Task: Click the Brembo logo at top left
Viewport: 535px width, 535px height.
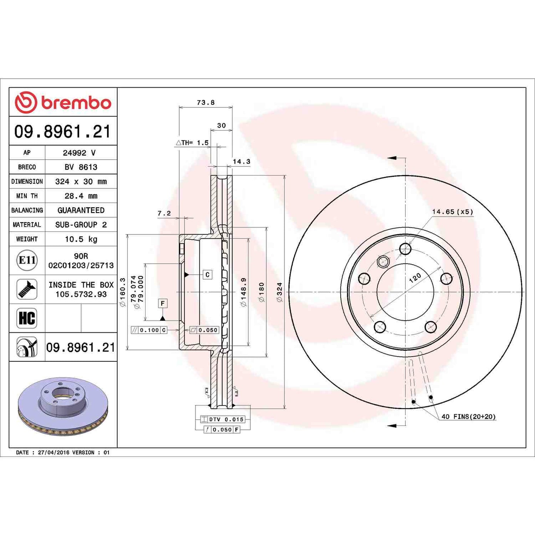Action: tap(63, 102)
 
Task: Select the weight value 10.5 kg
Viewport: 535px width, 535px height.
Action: tap(81, 239)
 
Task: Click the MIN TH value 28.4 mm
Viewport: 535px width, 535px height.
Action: tap(81, 196)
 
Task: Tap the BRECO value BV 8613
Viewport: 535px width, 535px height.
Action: tap(81, 167)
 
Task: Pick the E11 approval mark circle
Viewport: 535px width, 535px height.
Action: tap(27, 260)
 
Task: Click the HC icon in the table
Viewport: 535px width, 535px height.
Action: tap(27, 318)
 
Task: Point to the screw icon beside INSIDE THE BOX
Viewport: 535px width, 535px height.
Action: tap(27, 289)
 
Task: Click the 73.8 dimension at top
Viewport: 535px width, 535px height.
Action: tap(205, 103)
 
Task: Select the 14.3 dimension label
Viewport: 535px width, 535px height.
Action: tap(241, 161)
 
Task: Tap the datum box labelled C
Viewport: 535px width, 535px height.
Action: tap(207, 275)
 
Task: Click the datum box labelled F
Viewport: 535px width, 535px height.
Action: tap(163, 304)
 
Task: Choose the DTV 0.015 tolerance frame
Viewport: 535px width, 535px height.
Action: tap(223, 419)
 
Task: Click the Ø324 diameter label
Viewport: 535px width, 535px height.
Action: tap(280, 292)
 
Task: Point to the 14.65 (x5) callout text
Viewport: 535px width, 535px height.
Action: tap(452, 212)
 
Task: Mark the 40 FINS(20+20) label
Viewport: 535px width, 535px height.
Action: tap(468, 417)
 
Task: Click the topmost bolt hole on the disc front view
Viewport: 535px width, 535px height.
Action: tap(405, 249)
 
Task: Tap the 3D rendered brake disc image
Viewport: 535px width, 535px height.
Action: tap(63, 405)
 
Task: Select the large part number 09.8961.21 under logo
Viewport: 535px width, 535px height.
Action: tap(63, 131)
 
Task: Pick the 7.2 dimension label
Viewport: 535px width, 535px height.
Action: tap(164, 213)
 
